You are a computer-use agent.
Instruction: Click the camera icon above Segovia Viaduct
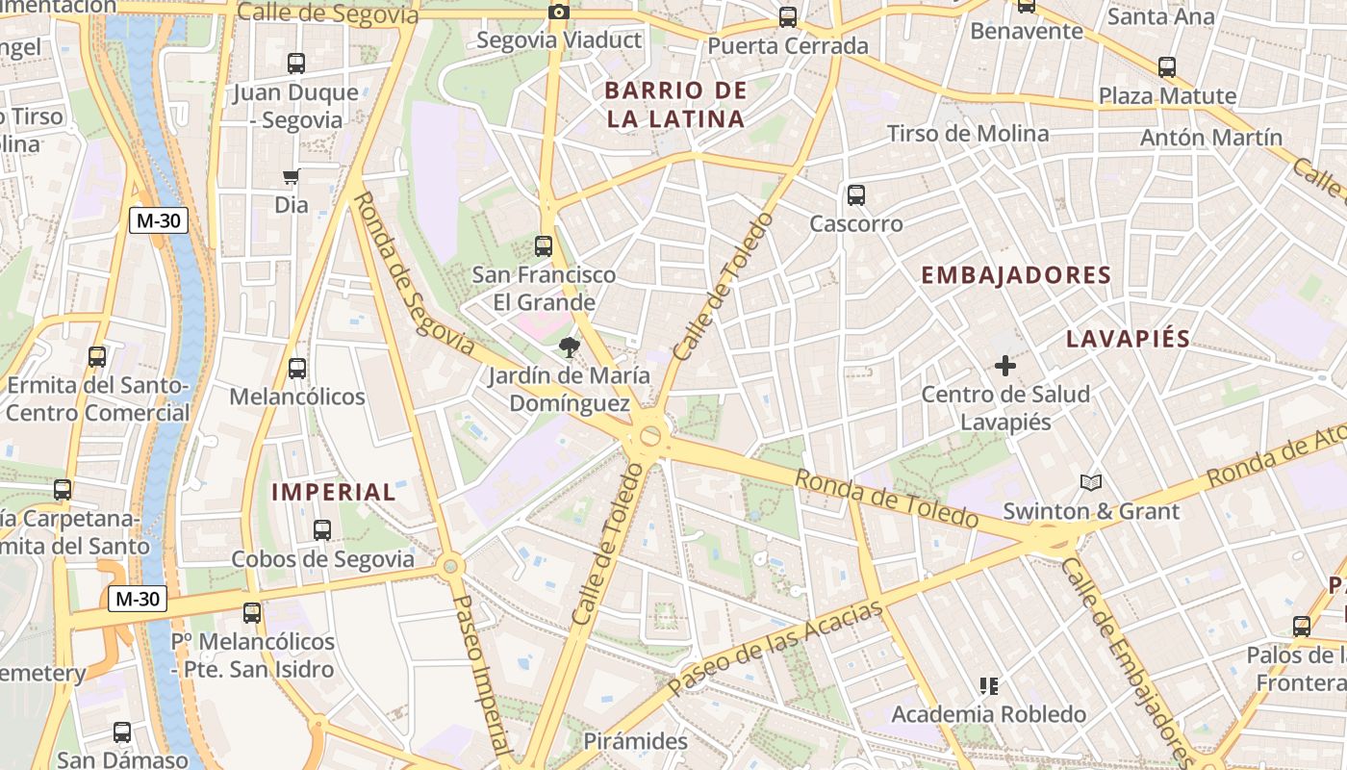click(558, 13)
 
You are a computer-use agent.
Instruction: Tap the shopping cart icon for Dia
click(291, 176)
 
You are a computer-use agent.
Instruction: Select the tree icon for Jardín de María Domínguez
click(569, 347)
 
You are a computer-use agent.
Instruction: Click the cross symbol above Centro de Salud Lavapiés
click(1005, 366)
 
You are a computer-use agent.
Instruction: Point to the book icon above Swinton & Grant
click(1090, 482)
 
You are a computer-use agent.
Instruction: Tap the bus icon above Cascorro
click(856, 195)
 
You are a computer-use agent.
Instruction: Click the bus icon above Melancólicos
click(297, 368)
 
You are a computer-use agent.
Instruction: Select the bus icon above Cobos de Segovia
click(322, 530)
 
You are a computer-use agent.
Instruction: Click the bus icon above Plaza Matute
click(1167, 67)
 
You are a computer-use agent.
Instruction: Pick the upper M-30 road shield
click(159, 220)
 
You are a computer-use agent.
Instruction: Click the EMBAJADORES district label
click(1016, 275)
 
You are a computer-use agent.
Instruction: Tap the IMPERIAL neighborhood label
click(333, 492)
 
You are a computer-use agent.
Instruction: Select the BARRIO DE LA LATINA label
click(675, 105)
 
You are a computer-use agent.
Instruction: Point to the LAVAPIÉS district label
click(1128, 339)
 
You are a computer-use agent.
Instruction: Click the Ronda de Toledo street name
click(887, 499)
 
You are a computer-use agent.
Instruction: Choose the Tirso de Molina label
click(967, 134)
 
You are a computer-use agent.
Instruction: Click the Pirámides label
click(636, 741)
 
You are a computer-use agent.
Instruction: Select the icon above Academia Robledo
click(989, 686)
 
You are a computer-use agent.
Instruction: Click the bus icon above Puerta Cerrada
click(788, 17)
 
